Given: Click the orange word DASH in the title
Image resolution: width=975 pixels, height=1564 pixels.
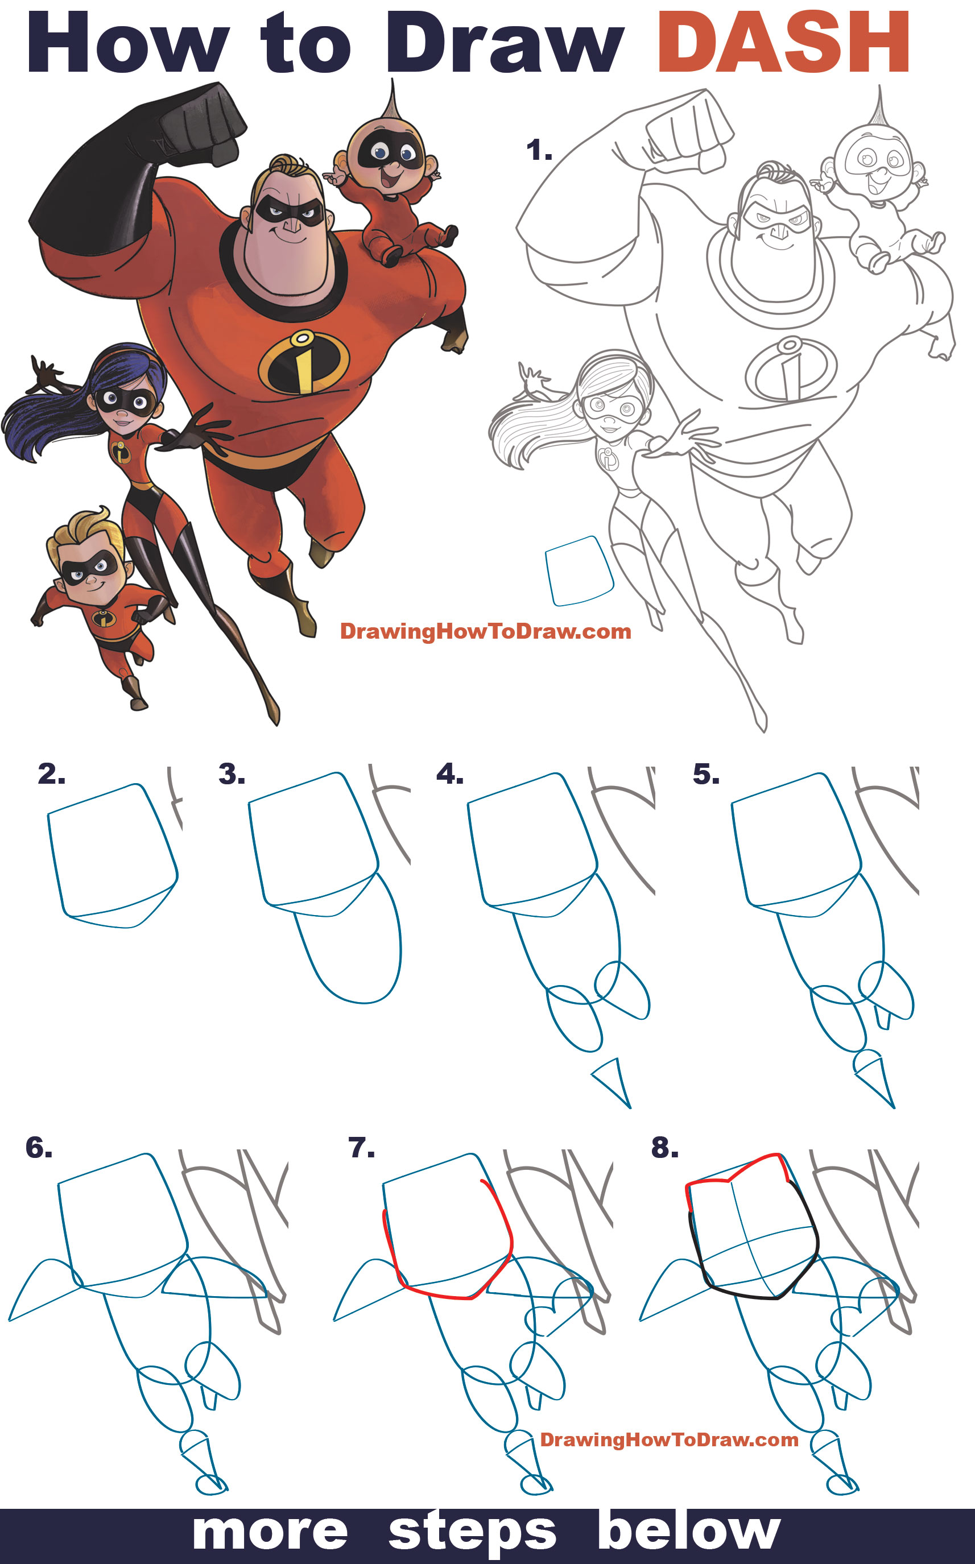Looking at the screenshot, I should tap(783, 43).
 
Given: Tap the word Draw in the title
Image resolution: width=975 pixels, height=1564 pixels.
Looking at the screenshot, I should tap(504, 43).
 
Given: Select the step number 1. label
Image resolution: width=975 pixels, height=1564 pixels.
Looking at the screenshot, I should tap(539, 151).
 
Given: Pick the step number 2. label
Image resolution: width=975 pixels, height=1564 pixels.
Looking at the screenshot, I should tap(52, 774).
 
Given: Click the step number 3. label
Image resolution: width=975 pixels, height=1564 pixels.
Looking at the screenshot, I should tap(232, 774).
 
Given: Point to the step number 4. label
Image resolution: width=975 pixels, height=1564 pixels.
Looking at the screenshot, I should tap(449, 774).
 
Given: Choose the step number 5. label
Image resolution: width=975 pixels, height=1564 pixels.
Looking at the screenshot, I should tap(706, 774).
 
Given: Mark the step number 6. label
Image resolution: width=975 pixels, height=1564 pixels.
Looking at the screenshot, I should tap(39, 1148).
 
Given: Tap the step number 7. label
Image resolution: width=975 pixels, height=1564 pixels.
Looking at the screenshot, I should tap(361, 1148).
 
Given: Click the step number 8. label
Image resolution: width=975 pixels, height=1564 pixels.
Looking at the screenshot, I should tap(665, 1148).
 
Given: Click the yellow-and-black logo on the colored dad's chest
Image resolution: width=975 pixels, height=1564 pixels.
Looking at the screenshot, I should tap(304, 362).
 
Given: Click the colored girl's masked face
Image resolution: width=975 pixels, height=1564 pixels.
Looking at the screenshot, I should tap(126, 406).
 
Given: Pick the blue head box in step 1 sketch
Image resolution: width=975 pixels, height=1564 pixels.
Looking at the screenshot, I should tap(579, 571).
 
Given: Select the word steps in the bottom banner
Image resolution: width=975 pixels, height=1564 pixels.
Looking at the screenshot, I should tap(472, 1533).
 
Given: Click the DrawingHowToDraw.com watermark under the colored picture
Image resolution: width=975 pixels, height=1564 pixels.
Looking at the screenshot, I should tap(485, 631).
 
